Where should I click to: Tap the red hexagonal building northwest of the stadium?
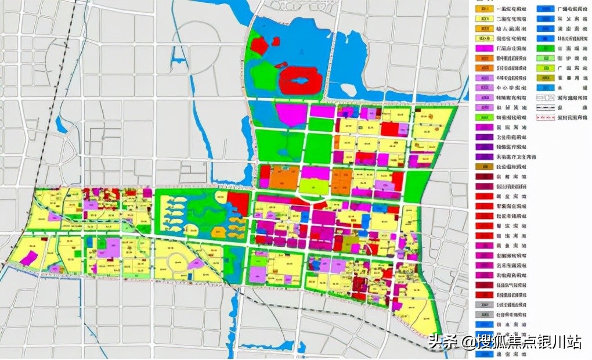coord(261,45)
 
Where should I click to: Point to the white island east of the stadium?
coord(348,90)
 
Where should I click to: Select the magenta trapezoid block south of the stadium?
coord(291,114)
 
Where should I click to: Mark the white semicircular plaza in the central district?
coord(314,198)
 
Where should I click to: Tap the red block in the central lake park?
coord(237,203)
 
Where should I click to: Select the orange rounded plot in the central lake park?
coord(221,197)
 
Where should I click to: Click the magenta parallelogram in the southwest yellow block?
coord(30,258)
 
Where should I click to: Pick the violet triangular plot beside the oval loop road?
coord(196,264)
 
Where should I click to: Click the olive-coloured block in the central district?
coord(350,243)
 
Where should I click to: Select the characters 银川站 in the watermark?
coord(562,342)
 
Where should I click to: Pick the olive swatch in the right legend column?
coord(546,77)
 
